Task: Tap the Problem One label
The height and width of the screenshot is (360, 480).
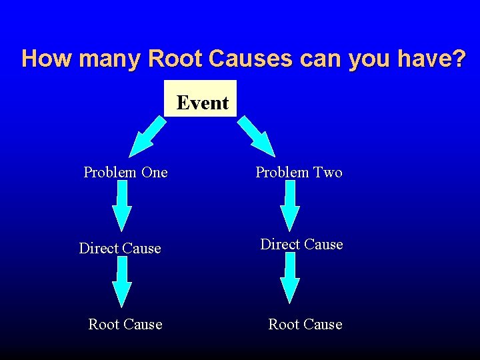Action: pyautogui.click(x=125, y=173)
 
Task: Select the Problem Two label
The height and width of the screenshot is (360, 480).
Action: pyautogui.click(x=299, y=173)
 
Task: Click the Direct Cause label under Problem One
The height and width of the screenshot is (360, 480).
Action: pyautogui.click(x=120, y=249)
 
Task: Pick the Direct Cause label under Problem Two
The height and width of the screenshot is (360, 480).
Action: pyautogui.click(x=301, y=245)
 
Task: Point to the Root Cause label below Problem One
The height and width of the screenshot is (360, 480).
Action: pyautogui.click(x=125, y=325)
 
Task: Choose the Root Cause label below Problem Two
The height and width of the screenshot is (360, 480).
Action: pyautogui.click(x=305, y=325)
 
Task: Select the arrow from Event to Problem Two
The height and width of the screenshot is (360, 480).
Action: pyautogui.click(x=257, y=136)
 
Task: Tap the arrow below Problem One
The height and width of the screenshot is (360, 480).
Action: pyautogui.click(x=121, y=207)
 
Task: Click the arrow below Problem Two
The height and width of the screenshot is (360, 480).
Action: pyautogui.click(x=290, y=207)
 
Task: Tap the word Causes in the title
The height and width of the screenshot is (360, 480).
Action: pyautogui.click(x=251, y=59)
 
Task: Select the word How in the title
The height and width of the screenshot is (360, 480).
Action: pyautogui.click(x=47, y=59)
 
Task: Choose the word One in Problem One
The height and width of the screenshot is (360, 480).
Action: pyautogui.click(x=155, y=173)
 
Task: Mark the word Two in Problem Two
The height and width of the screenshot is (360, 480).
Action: pyautogui.click(x=328, y=173)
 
